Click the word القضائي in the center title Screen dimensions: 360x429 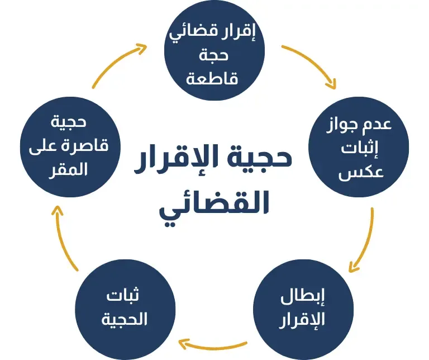pos(214,205)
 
